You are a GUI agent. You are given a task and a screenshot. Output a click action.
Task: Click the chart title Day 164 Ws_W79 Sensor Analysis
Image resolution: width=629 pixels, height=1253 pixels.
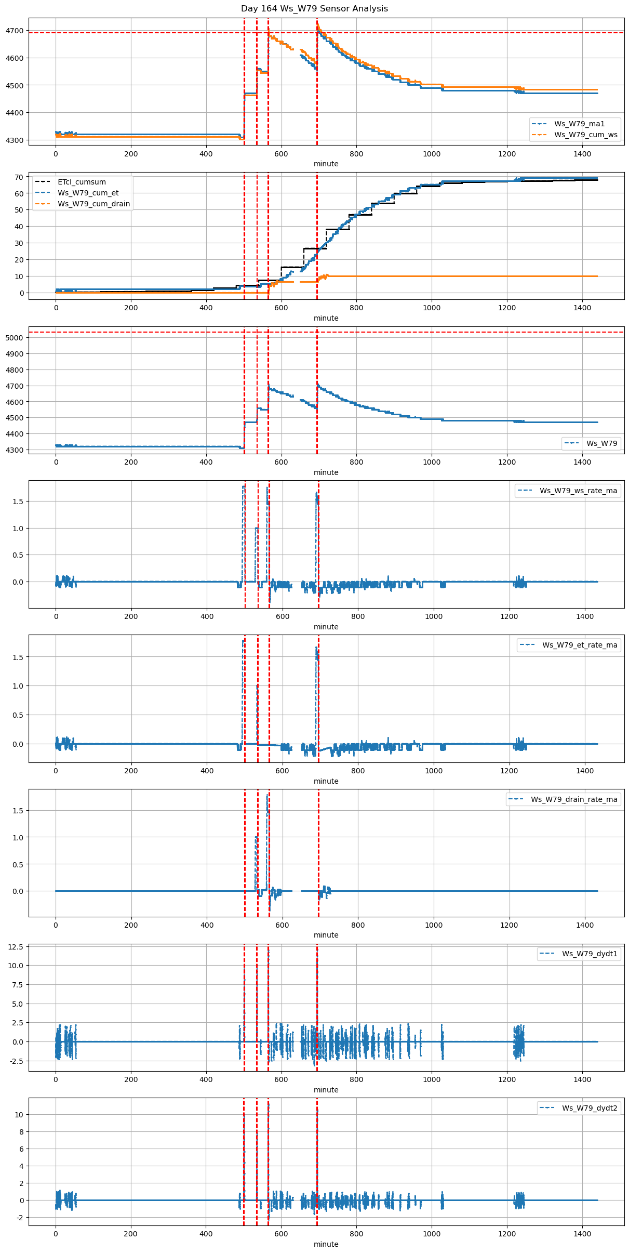[314, 9]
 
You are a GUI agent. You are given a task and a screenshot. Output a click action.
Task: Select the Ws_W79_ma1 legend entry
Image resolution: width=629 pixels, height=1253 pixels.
[579, 124]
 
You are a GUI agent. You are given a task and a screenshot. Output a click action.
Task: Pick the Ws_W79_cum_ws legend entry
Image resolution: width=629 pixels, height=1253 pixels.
[585, 135]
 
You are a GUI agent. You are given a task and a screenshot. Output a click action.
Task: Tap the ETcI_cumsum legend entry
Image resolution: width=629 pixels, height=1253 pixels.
[82, 182]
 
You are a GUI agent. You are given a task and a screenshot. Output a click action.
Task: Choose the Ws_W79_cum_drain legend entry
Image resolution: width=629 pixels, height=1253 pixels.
[93, 204]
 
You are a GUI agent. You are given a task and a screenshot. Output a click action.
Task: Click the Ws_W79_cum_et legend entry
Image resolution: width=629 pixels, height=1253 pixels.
[88, 193]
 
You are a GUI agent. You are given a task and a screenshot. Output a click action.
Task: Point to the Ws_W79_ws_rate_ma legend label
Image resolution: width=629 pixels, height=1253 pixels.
[578, 491]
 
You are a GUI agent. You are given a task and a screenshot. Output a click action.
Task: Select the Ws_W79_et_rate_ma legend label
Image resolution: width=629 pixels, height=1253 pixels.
[580, 645]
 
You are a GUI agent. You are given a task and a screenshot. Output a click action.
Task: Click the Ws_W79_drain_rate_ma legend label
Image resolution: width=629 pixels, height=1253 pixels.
[574, 799]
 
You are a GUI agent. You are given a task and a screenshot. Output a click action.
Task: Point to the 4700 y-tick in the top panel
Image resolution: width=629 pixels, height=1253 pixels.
[15, 31]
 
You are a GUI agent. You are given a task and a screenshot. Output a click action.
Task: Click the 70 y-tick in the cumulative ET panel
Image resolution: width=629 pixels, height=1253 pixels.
[19, 177]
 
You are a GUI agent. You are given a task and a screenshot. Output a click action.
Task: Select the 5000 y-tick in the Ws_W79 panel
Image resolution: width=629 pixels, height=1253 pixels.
[15, 338]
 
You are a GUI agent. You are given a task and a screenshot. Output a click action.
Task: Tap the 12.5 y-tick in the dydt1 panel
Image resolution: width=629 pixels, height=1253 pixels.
[16, 947]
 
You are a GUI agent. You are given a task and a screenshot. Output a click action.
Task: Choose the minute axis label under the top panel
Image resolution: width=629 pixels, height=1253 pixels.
[326, 164]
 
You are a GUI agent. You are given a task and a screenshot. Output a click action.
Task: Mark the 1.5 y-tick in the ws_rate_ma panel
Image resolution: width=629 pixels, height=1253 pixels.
[17, 502]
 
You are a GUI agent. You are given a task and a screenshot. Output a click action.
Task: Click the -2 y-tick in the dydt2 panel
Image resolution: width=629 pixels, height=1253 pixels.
[19, 1218]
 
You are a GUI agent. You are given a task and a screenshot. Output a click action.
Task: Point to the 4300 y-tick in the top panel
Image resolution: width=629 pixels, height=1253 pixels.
[15, 140]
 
